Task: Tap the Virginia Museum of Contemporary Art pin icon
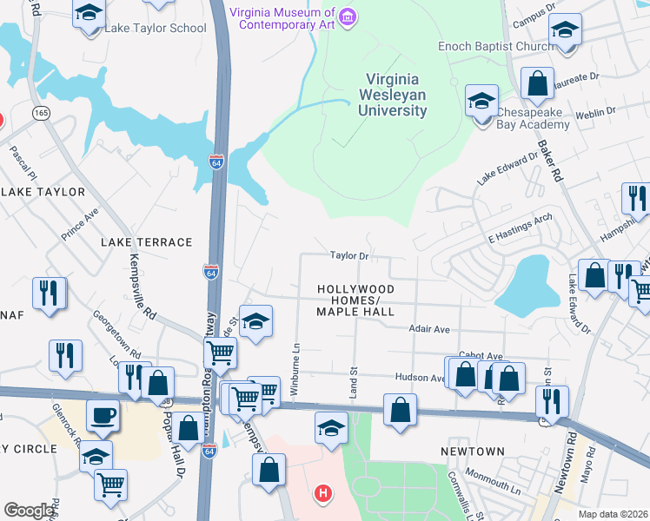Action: tap(348, 17)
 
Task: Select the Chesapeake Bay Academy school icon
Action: tap(481, 101)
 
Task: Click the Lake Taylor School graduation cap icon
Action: tap(90, 15)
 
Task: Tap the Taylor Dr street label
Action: tap(349, 256)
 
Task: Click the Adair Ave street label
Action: tap(429, 329)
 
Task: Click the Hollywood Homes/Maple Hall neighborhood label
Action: tap(355, 300)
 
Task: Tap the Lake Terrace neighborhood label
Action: tap(147, 242)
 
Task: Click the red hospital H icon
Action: tap(323, 494)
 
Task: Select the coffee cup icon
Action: tap(104, 416)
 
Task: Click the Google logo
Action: tap(29, 511)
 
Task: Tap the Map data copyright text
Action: tap(612, 514)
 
